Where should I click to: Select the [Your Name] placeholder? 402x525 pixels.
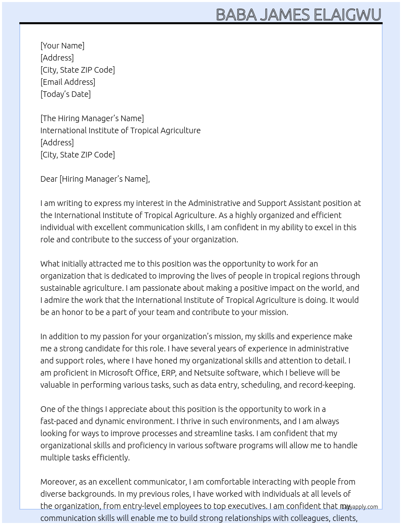click(x=62, y=46)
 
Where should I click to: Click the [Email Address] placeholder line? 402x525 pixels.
click(x=68, y=82)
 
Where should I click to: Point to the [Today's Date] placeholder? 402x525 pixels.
click(x=65, y=94)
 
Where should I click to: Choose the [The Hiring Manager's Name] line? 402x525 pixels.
click(x=92, y=118)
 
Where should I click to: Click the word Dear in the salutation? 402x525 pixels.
click(x=49, y=179)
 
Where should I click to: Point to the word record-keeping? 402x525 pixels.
click(x=327, y=385)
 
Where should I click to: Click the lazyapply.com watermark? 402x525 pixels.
click(x=359, y=507)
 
